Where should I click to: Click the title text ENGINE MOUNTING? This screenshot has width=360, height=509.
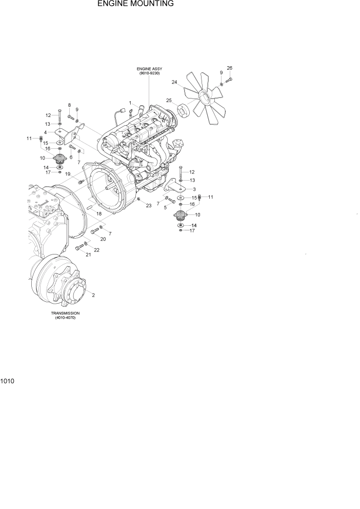click(x=135, y=4)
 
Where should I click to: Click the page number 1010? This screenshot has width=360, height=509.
click(x=7, y=382)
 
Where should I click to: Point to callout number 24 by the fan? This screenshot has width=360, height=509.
click(x=174, y=82)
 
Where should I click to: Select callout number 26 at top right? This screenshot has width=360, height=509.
click(x=229, y=68)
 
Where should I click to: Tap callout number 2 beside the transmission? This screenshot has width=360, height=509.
click(x=93, y=295)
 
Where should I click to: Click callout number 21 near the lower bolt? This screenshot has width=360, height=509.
click(x=88, y=255)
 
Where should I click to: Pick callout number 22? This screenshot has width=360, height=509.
click(x=96, y=250)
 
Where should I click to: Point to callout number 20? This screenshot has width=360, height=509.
click(x=103, y=239)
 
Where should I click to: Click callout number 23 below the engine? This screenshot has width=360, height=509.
click(x=149, y=206)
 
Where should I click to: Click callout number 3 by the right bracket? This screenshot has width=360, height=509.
click(x=194, y=189)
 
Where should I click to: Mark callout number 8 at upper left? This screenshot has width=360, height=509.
click(x=69, y=105)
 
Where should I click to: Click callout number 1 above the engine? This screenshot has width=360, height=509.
click(x=130, y=103)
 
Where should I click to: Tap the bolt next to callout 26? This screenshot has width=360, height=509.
click(x=229, y=80)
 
